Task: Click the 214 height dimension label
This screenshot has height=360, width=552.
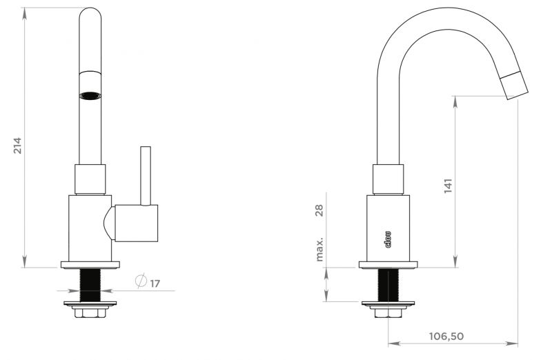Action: point(18,146)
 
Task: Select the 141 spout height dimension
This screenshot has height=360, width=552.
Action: point(448,186)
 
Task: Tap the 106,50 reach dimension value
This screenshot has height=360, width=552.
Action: point(446,337)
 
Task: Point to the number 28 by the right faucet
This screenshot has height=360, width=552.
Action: point(319,210)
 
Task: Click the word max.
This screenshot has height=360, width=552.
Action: point(319,250)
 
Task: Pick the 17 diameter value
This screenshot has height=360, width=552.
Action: point(155,283)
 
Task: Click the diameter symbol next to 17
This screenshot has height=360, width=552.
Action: point(141,281)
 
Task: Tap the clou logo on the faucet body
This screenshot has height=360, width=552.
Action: point(388,239)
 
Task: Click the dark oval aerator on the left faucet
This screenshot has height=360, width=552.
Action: point(90,95)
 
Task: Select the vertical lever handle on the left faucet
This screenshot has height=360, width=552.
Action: point(146,176)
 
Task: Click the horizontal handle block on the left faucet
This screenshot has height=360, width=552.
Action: point(136,223)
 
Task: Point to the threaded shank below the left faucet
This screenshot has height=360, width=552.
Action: point(90,285)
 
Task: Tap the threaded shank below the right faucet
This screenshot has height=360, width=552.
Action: point(388,285)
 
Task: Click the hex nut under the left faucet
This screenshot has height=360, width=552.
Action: point(90,313)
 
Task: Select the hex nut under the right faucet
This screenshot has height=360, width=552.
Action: point(388,313)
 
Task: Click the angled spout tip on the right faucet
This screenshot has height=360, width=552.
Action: point(514,85)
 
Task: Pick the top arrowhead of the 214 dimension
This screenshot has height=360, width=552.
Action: point(24,14)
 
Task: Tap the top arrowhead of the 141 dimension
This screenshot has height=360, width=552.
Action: point(455,101)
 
